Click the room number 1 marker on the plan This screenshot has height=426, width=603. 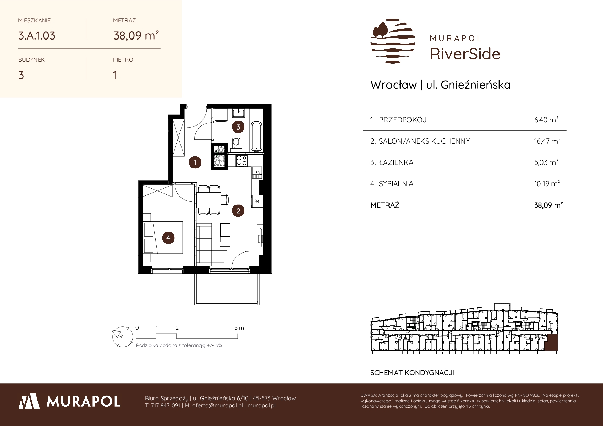195,162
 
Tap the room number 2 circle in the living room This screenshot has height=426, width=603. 238,211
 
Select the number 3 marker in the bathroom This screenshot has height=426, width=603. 238,127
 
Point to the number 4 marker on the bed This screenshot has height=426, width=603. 168,237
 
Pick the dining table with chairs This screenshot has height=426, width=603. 210,200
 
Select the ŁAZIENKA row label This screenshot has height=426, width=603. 396,162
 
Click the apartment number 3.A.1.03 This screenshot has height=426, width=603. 37,36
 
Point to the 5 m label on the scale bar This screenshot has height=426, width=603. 239,328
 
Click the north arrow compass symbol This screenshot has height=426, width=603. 122,336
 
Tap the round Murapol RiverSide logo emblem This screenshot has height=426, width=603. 393,41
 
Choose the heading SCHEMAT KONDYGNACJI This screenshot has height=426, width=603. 412,373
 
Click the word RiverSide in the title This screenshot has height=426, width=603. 465,54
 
